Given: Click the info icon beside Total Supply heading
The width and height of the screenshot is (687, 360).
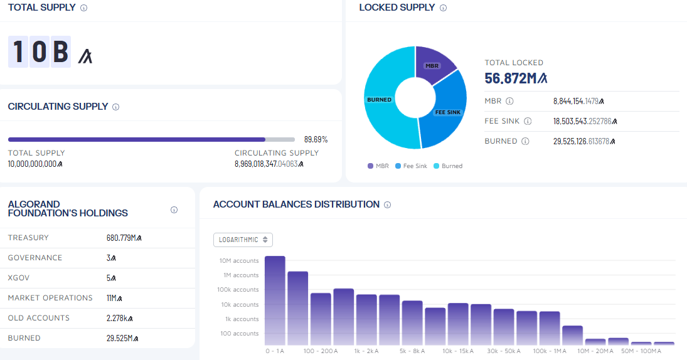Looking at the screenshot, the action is coord(83,8).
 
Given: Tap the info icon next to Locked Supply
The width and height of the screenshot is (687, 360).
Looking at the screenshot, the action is coord(443,8).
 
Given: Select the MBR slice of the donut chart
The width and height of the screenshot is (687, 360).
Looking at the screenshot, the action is coord(434,63).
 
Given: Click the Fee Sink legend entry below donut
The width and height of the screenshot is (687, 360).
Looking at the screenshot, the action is coord(411,166).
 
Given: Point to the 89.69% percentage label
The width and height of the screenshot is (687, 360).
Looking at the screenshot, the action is coord(316,139).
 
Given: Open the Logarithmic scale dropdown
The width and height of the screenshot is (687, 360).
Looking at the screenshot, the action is coord(243,240).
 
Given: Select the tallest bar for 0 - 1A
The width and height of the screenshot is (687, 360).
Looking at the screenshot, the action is coord(275,300).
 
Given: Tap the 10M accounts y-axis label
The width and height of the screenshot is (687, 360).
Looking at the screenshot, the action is coord(239,260).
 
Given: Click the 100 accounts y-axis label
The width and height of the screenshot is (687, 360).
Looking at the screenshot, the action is coord(239,333).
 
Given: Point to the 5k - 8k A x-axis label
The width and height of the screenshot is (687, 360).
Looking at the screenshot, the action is coord(412,351).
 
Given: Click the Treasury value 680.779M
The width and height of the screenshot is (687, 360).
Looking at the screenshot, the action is coord(124,238).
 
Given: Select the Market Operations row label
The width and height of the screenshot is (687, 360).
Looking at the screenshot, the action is coord(50,298).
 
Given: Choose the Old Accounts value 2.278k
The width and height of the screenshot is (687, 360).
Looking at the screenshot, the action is coord(119,318).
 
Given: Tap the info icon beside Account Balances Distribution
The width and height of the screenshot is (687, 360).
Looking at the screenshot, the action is coord(387,204).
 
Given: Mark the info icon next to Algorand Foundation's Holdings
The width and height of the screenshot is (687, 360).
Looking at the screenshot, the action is coord(174,209).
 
